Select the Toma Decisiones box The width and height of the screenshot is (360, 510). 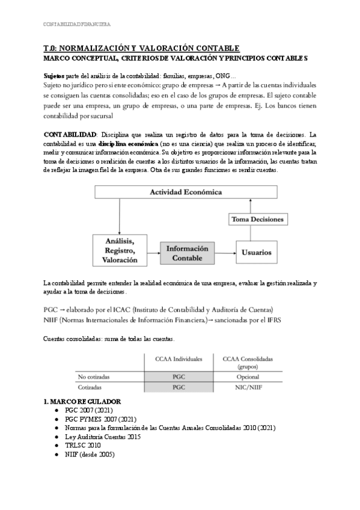258,220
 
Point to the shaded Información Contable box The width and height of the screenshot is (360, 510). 188,253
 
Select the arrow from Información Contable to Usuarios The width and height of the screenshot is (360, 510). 225,253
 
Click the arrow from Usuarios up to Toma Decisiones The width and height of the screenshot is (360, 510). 258,233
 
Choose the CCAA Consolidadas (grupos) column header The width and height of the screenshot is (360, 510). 248,363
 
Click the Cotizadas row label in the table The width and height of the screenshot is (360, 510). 91,388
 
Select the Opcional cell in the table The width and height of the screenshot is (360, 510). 248,376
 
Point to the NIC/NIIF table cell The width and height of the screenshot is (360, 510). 248,388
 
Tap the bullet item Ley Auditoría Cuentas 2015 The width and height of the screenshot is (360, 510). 106,437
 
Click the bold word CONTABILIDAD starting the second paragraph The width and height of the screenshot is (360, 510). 70,134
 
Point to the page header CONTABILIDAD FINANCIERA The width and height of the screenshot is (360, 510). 77,25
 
